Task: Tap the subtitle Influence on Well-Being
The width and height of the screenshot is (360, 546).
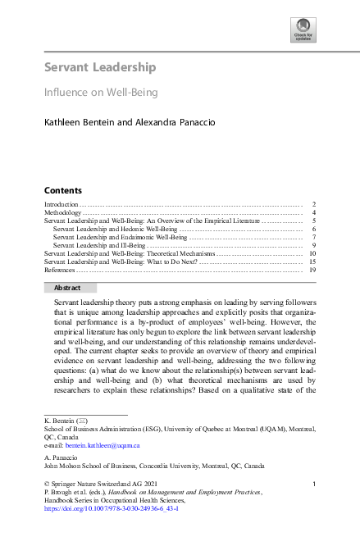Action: (100, 93)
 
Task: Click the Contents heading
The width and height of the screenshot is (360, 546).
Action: (62, 189)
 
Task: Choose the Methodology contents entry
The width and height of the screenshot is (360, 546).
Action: (63, 213)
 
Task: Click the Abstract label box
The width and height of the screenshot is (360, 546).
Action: (67, 288)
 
